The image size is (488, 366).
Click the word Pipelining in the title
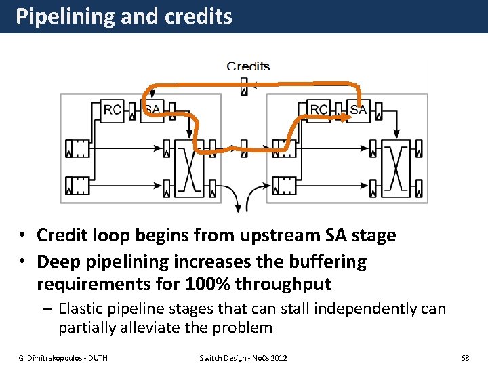[64, 16]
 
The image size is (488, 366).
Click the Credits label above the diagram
[248, 66]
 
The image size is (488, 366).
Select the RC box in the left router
[113, 110]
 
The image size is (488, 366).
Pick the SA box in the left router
[152, 110]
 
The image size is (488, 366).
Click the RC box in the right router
[319, 110]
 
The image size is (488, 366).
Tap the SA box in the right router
[359, 110]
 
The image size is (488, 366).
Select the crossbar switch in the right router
[395, 165]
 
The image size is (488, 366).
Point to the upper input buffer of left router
[77, 147]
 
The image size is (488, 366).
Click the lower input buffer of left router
[77, 184]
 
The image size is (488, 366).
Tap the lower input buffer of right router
[283, 184]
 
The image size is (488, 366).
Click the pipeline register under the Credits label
[244, 87]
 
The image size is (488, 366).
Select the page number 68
[465, 357]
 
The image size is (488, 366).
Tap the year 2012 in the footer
[279, 357]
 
